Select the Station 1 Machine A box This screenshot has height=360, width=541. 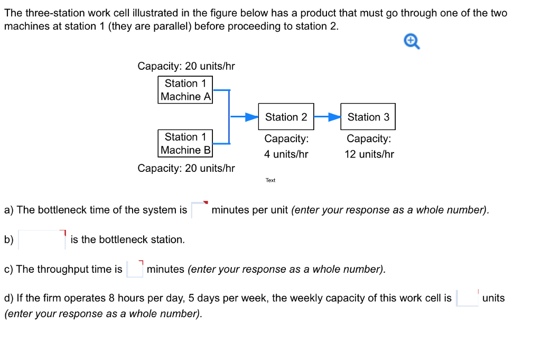185,90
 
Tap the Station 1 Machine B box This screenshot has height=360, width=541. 185,143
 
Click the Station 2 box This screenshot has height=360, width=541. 286,117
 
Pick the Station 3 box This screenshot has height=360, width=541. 368,117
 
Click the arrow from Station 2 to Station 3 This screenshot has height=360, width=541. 328,117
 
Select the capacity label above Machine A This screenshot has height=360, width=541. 186,66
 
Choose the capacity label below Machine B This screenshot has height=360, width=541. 186,168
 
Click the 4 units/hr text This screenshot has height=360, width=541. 286,154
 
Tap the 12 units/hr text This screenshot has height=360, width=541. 369,154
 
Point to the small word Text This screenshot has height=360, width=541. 270,180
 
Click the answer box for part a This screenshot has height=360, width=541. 200,210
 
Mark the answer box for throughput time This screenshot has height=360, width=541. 135,269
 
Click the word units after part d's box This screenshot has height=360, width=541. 493,298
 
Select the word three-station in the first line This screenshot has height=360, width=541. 50,13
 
